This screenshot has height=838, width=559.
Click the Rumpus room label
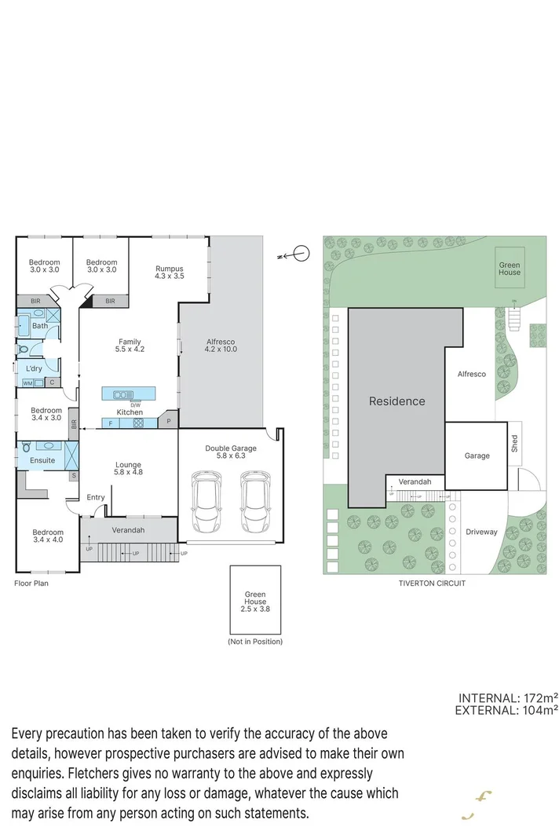coord(169,272)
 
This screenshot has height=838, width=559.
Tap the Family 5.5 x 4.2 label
coord(130,345)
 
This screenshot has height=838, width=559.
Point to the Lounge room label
coord(127,469)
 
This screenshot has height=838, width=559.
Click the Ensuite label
coord(42,460)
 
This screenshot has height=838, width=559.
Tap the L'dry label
coord(34,368)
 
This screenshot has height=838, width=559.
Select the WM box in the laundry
coord(27,383)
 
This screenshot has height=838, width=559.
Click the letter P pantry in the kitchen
coord(168,423)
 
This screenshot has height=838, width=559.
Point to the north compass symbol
coord(298,254)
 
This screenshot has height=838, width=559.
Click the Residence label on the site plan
coord(396,401)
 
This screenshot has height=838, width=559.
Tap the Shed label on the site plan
coord(515,445)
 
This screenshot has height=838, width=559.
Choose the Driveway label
coord(480,532)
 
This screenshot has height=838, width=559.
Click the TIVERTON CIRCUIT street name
coord(433,584)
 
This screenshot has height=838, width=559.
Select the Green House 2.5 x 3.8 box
coord(255,601)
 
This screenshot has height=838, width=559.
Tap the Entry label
coord(96,497)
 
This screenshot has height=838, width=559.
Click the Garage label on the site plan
coord(477,456)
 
